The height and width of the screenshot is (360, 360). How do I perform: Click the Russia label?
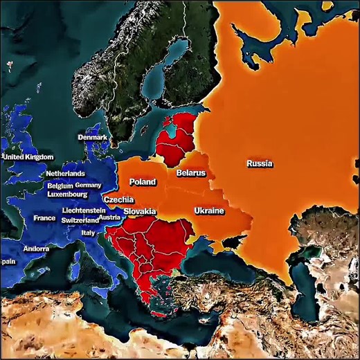tap(259, 164)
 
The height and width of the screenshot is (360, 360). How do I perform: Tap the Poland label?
tap(143, 182)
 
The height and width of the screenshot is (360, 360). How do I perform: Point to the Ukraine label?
tap(208, 210)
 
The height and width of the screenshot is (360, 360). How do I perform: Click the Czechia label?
tap(118, 199)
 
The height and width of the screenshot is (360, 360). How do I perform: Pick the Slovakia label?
tap(140, 212)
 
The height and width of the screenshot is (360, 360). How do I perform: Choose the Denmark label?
tap(92, 138)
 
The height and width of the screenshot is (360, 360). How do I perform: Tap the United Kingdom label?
tap(28, 157)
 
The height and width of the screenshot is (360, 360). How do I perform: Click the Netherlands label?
tap(65, 173)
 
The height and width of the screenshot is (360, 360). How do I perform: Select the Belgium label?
tap(60, 186)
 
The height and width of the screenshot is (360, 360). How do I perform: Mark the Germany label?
tap(88, 186)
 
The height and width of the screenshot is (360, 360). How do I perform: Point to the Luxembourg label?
tap(67, 195)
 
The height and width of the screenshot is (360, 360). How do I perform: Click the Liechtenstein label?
tap(84, 210)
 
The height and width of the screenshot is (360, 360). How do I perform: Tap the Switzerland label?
tap(80, 220)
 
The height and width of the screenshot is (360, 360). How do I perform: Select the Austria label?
tap(109, 217)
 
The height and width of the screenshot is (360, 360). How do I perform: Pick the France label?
tap(44, 218)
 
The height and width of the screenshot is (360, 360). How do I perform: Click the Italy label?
tap(89, 233)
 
